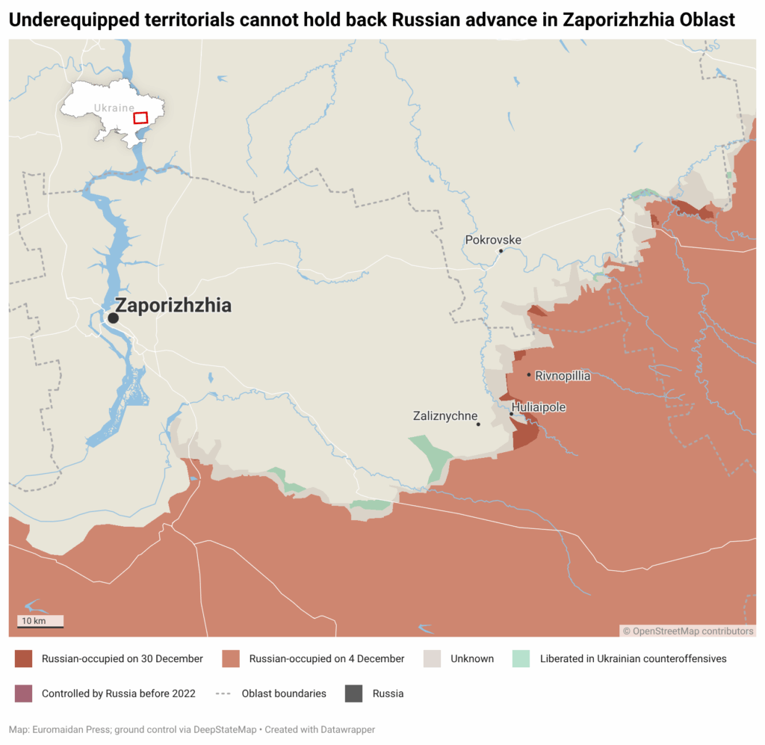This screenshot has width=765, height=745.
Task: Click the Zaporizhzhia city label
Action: pos(173,306)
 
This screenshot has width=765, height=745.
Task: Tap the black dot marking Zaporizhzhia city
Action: pos(113,318)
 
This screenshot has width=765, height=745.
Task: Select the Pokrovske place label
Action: pos(493,240)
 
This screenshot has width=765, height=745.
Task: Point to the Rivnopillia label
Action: pos(563,376)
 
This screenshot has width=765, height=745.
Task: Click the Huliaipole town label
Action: pos(539,407)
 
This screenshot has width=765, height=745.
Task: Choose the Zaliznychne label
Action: pos(445,416)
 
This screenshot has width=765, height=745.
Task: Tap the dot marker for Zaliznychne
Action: pos(478,424)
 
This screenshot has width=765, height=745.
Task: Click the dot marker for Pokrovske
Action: pos(501,251)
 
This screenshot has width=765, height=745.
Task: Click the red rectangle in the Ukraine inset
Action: pos(140,118)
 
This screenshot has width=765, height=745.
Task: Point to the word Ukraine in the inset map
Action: pos(114,108)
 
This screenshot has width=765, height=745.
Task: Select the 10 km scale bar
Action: pos(40,622)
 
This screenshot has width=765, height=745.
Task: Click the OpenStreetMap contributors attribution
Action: pos(688,631)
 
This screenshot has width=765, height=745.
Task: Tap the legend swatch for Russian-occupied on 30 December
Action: pos(24,658)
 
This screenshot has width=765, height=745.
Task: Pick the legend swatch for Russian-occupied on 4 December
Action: pos(232,658)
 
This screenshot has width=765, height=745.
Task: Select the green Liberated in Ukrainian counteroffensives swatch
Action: pos(521,658)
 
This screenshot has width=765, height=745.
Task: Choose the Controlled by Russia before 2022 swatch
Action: pos(24,693)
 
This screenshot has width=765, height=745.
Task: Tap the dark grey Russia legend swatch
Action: pos(354,693)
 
